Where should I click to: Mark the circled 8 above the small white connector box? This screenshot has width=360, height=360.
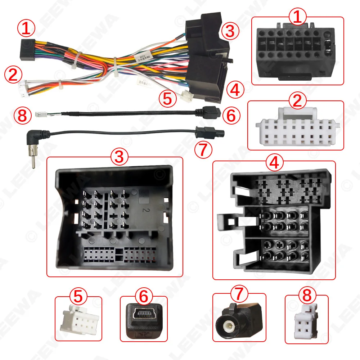click(306, 297)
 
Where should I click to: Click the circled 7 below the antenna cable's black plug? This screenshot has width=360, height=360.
click(203, 150)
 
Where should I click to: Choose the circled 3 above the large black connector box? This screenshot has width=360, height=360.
click(120, 157)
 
